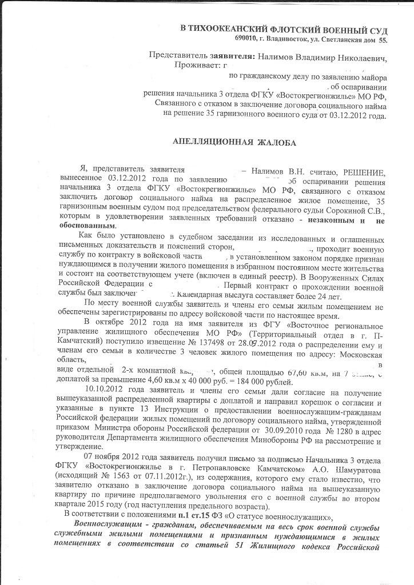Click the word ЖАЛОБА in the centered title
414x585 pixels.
click(x=272, y=142)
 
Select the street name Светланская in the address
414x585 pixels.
click(x=336, y=39)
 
